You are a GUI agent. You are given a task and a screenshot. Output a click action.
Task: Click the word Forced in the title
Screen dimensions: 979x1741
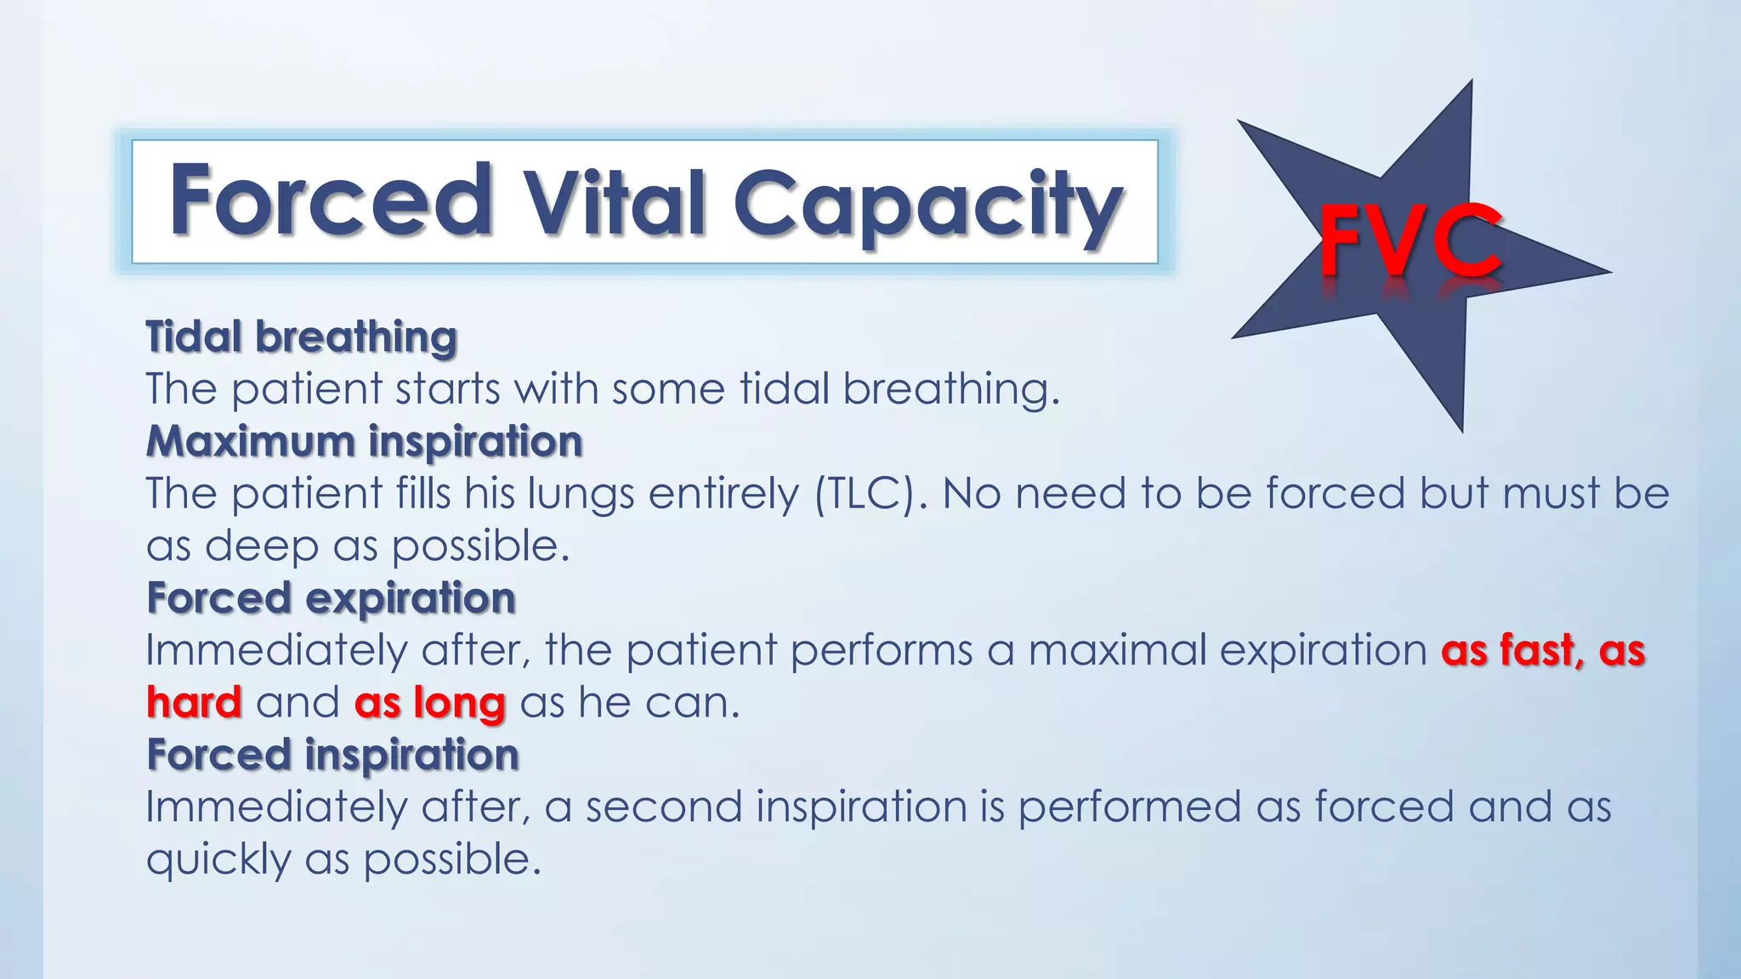(x=331, y=200)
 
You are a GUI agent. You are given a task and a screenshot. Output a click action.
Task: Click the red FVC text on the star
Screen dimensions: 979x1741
(x=1409, y=243)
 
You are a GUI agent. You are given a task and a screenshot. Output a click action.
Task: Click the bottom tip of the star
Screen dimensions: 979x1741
(x=1461, y=429)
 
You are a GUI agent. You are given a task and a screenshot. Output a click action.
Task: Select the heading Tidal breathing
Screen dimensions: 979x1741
(x=301, y=337)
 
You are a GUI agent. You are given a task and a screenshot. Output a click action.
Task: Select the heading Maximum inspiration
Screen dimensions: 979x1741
(x=364, y=441)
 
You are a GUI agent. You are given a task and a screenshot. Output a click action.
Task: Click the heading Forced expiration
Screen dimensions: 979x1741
(x=331, y=597)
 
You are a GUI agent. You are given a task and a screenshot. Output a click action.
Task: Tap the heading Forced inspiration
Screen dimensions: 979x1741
(x=332, y=755)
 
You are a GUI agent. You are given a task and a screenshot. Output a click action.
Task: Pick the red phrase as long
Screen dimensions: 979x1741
(x=429, y=703)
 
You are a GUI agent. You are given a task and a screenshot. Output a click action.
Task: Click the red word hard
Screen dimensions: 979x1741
(x=194, y=703)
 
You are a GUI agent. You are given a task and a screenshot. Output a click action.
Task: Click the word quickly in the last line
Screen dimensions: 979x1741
(x=218, y=860)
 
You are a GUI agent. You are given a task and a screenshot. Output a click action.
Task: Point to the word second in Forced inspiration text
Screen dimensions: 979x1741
(x=663, y=806)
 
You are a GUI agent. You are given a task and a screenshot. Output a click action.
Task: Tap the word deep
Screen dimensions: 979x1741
(x=261, y=546)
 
